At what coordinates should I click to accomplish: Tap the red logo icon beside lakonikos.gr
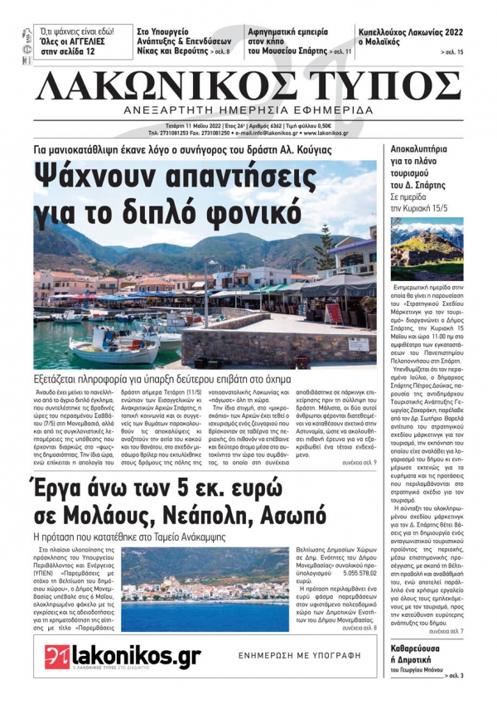56,656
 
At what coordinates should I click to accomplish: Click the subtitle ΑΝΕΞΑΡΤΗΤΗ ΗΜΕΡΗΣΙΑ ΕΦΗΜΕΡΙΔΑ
248,110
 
